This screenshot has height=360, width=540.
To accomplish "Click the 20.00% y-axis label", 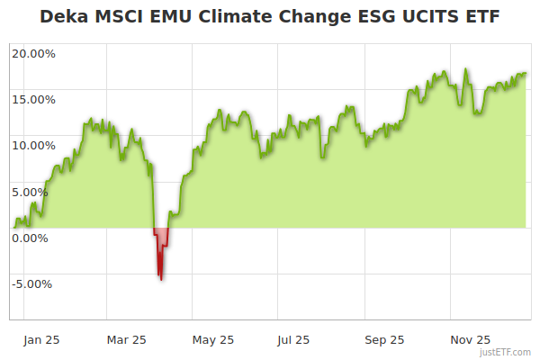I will coord(33,53).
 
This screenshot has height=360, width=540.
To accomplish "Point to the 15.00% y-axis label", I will coord(33,99).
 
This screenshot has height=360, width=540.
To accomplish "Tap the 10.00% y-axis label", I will coord(33,145).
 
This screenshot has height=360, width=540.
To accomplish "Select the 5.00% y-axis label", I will coord(36,192).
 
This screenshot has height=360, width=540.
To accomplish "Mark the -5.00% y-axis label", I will coord(34,284).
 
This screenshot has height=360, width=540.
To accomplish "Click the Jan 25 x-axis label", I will coord(42,339).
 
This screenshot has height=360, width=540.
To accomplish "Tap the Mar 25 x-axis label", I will coord(126,339).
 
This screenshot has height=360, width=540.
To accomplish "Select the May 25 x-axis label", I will coord(213,339).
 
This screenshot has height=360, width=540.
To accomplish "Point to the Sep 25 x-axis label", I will coord(383,339).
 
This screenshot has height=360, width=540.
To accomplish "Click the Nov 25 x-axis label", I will coord(470,339).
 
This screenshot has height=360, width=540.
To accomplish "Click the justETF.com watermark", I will coord(505,353).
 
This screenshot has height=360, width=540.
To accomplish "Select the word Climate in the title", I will coord(234,17).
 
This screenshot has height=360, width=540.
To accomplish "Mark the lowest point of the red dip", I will coord(161,279).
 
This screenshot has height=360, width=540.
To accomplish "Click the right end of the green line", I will coord(526,74).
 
